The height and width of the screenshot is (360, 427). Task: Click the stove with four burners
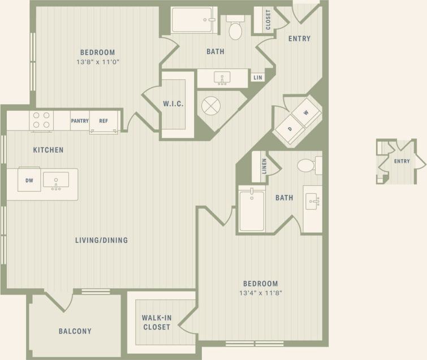click(x=41, y=120)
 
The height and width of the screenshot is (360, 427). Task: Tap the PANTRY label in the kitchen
click(x=80, y=120)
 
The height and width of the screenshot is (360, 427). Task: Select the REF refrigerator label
click(x=103, y=120)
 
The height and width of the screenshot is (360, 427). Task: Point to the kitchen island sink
click(x=56, y=180)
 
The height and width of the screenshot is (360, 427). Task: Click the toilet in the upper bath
click(x=235, y=28)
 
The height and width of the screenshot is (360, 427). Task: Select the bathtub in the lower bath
click(x=252, y=210)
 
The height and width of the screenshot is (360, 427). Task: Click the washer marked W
click(x=307, y=113)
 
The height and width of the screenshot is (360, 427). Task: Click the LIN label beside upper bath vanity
click(x=258, y=78)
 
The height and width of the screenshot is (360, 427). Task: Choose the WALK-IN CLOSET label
click(x=157, y=322)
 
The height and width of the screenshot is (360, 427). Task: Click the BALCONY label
click(x=75, y=331)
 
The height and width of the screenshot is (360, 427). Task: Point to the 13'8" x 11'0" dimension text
click(x=97, y=61)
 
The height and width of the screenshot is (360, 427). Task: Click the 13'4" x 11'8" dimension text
click(x=260, y=293)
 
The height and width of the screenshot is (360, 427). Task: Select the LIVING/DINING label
click(x=101, y=240)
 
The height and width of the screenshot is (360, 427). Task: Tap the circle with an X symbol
click(x=210, y=106)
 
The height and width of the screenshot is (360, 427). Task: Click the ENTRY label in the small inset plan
click(x=402, y=162)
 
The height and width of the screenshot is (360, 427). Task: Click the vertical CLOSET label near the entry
click(x=268, y=20)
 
